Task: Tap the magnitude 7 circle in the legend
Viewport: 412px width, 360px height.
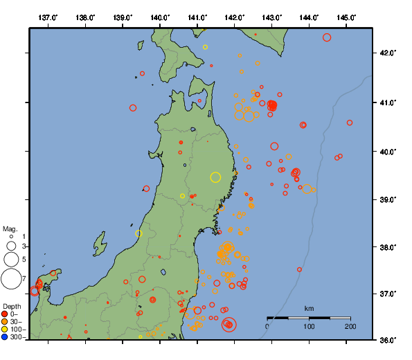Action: [x=11, y=279]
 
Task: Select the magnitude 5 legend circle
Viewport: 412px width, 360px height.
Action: [x=11, y=259]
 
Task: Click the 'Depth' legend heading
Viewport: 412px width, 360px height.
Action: [x=11, y=305]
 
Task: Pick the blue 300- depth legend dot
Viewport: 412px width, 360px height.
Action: [x=5, y=337]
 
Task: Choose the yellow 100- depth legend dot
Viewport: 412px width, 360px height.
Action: [x=5, y=329]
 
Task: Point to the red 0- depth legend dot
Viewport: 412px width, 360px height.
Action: [x=5, y=314]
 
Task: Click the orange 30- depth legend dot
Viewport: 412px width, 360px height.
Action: [x=5, y=321]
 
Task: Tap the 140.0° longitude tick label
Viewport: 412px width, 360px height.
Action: [x=160, y=17]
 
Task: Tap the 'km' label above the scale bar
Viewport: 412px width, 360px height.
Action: [x=309, y=308]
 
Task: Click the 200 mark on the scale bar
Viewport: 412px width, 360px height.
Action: [x=350, y=326]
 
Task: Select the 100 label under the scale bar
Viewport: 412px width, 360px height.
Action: [x=309, y=326]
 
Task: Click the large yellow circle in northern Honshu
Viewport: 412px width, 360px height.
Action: [x=215, y=177]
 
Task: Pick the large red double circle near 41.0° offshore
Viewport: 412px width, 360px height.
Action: [x=272, y=105]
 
